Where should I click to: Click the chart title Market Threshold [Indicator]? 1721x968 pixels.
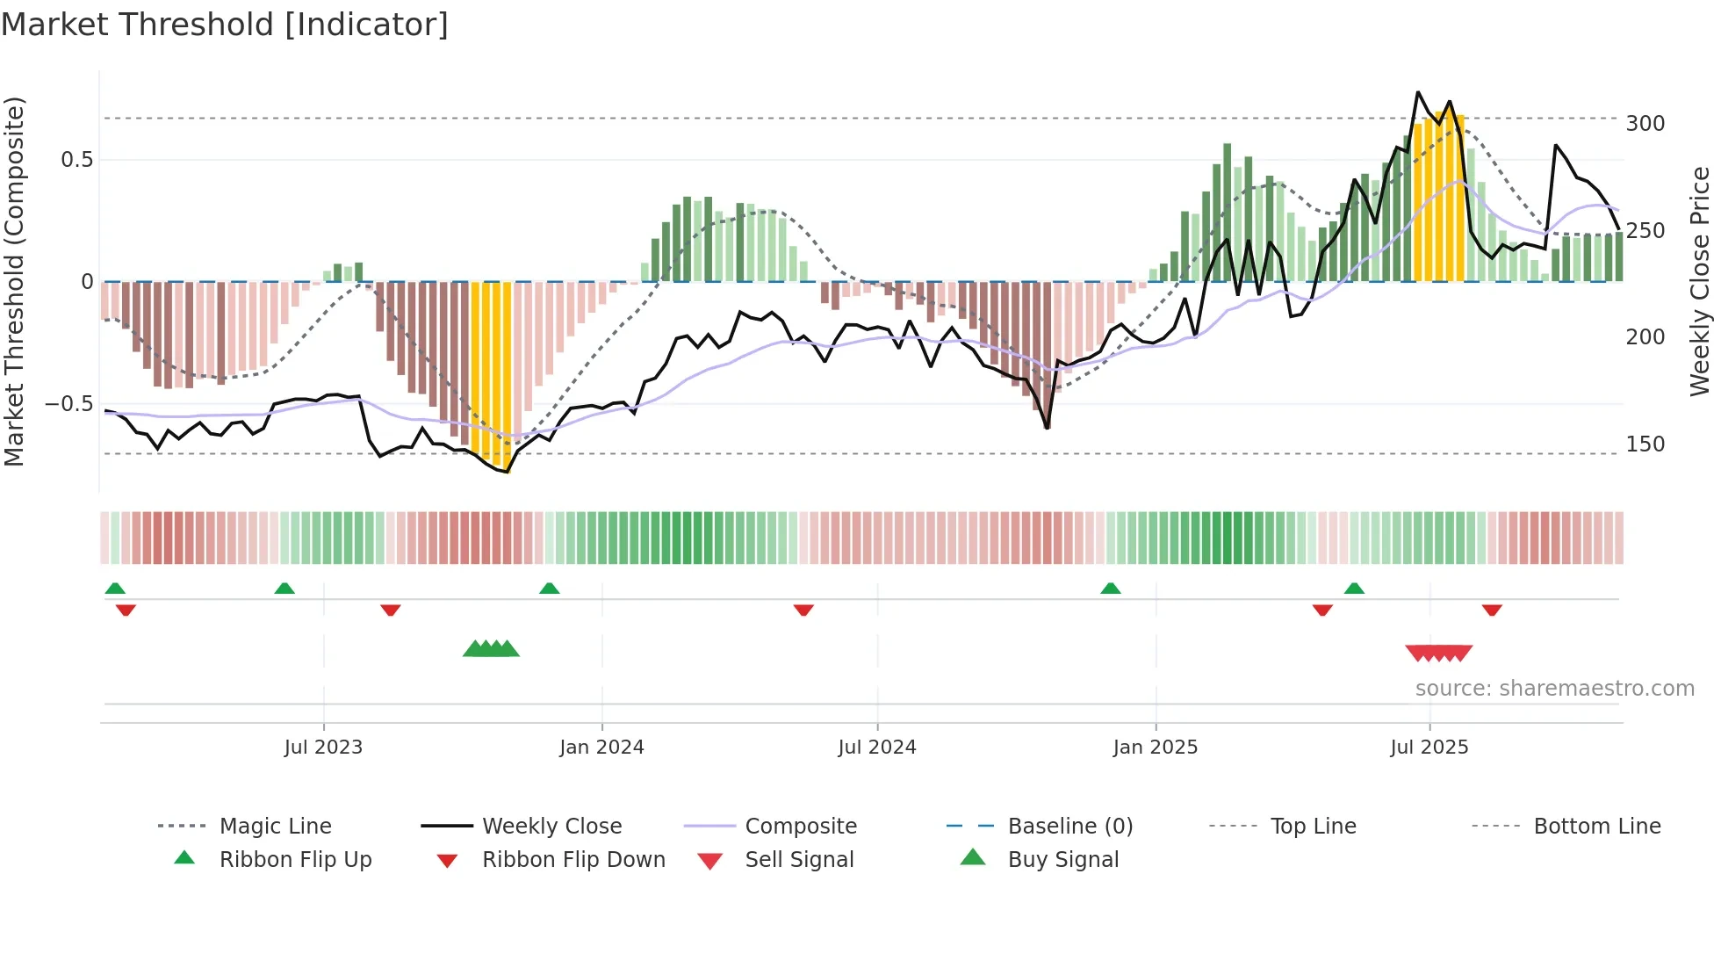click(x=225, y=25)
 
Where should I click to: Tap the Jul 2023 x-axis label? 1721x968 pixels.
click(x=323, y=748)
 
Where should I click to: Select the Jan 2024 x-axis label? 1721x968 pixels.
click(x=601, y=748)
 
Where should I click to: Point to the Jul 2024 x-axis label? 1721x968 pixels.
click(x=876, y=748)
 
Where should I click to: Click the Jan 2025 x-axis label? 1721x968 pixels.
click(x=1155, y=748)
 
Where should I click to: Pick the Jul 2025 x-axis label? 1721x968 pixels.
click(x=1429, y=748)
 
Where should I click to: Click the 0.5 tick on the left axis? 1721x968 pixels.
click(x=76, y=160)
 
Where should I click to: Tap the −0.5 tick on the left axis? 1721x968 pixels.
click(x=68, y=404)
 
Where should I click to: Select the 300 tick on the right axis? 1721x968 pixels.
click(x=1645, y=124)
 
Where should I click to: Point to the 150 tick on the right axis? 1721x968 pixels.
click(x=1645, y=444)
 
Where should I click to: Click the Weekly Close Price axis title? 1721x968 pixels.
click(x=1700, y=281)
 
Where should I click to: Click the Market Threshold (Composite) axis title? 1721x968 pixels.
click(x=14, y=281)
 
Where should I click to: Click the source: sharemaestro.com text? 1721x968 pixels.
click(x=1554, y=689)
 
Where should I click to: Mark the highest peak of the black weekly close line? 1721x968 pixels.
click(x=1417, y=92)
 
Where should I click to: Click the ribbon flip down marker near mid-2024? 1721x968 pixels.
click(x=803, y=610)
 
